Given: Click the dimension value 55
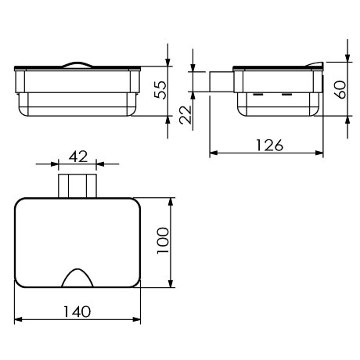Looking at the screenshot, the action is pos(160,90).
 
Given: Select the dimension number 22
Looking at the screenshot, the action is pos(185,114).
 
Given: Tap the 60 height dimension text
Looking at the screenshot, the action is pos(340,90).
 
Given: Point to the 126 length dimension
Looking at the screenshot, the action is pos(270,145).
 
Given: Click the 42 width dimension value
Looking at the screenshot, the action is pos(78,157).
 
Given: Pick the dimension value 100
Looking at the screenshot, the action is pos(163,240).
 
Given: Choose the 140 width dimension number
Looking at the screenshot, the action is pos(77,311).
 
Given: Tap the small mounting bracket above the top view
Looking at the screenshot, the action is pos(77,186).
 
